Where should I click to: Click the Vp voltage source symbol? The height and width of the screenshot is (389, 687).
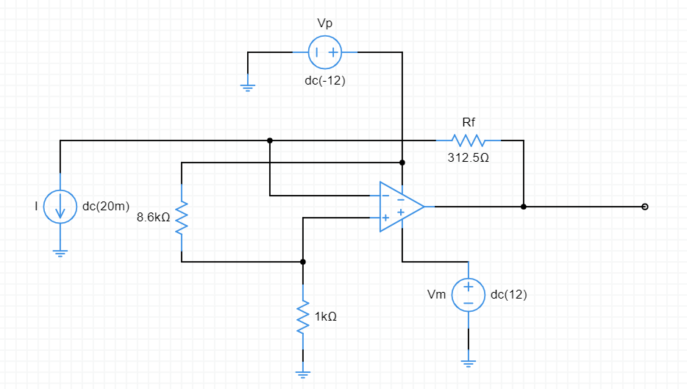click(324, 52)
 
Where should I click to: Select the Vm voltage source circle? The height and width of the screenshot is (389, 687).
click(468, 295)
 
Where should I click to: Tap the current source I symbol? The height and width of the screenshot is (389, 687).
click(60, 207)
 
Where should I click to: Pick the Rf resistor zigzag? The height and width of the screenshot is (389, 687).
click(469, 140)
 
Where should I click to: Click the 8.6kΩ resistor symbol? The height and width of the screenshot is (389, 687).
click(182, 218)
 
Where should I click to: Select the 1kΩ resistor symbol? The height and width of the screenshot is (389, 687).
click(302, 317)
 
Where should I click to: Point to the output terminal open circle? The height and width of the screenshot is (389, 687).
click(645, 207)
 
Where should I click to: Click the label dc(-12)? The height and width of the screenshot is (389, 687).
click(324, 81)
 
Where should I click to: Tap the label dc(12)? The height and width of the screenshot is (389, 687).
click(508, 295)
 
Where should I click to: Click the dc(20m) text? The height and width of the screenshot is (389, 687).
click(106, 207)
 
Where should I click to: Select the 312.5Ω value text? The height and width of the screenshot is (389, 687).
click(469, 158)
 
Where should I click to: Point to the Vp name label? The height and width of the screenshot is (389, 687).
click(324, 24)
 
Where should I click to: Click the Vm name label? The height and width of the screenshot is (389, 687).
click(436, 295)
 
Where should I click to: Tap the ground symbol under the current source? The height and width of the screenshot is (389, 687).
click(60, 253)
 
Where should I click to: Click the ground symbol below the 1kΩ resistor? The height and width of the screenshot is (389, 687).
click(302, 372)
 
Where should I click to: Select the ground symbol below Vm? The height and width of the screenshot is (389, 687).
click(468, 361)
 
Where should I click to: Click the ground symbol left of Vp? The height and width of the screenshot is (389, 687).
click(248, 88)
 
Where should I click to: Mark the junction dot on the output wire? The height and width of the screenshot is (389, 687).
click(524, 207)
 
